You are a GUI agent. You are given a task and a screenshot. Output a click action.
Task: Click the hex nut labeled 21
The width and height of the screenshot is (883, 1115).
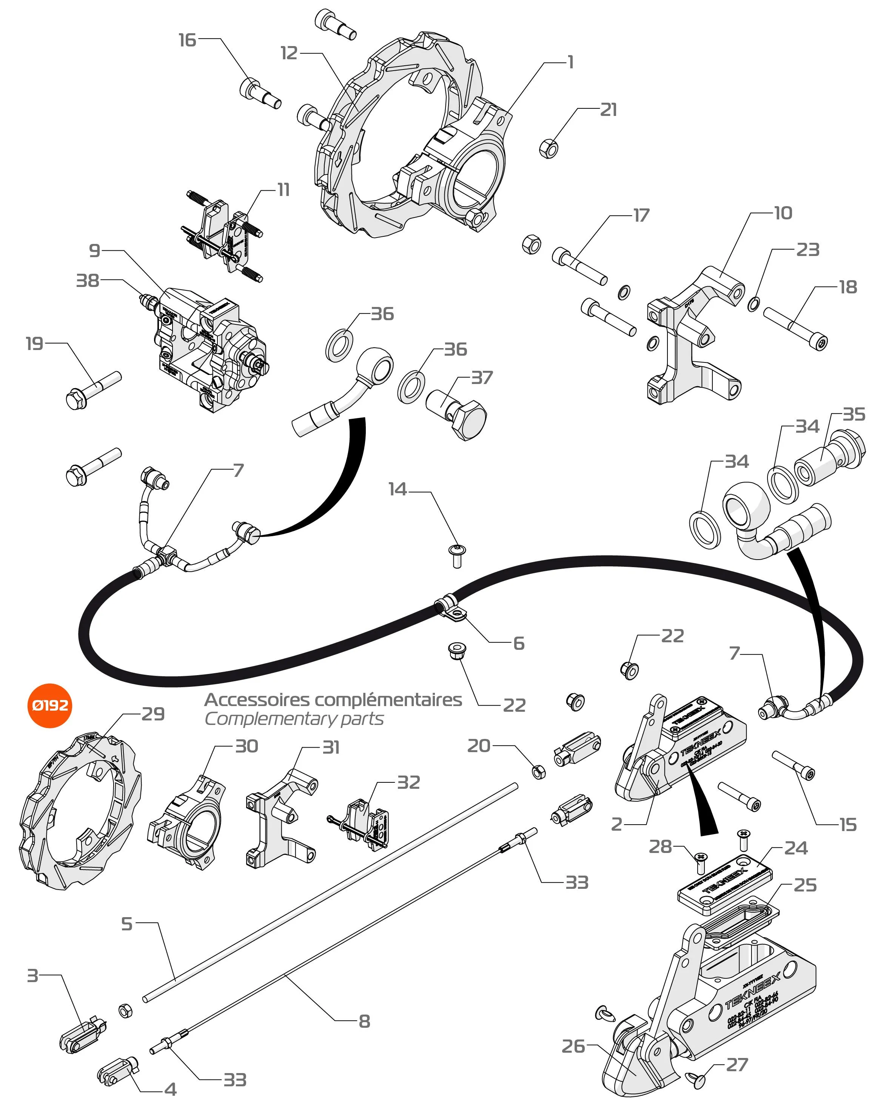[x=549, y=149]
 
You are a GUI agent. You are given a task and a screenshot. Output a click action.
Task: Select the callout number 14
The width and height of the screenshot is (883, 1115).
[x=398, y=489]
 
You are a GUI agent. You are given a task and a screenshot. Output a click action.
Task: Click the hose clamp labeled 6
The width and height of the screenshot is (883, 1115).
[x=452, y=609]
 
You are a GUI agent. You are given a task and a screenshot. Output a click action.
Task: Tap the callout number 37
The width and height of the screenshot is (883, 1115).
[x=482, y=378]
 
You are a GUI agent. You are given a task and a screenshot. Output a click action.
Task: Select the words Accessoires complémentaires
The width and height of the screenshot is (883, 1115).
[x=333, y=700]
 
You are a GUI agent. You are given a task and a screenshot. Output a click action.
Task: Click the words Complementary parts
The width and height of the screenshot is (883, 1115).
[x=294, y=719]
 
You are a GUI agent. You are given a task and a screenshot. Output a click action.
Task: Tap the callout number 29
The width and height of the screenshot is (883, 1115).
[x=153, y=714]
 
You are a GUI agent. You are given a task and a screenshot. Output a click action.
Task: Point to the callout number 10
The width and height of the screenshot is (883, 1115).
[x=783, y=213]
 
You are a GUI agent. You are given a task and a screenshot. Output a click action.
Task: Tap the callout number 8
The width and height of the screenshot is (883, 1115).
[x=364, y=1021]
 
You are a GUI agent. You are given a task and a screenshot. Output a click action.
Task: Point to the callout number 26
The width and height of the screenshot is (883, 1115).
[x=573, y=1046]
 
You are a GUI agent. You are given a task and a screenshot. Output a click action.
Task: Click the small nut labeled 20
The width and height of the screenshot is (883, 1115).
[x=539, y=772]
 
